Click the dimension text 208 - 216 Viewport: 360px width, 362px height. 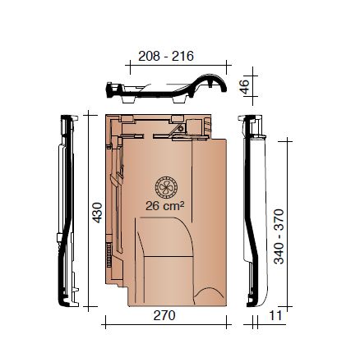point(165,57)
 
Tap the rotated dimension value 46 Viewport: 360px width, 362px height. point(244,85)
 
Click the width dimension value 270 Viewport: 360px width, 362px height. point(164,315)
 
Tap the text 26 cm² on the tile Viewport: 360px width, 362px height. point(164,206)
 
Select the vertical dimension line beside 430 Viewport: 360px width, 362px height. point(88,211)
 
